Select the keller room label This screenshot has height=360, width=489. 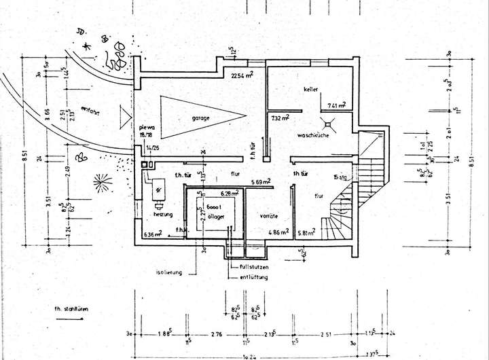312,90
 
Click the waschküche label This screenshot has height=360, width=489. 312,136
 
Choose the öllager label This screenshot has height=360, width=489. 215,217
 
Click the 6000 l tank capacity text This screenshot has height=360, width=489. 215,207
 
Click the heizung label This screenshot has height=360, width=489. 163,214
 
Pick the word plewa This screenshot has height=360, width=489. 147,127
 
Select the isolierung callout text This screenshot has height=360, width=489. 169,272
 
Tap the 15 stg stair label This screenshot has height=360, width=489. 341,177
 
